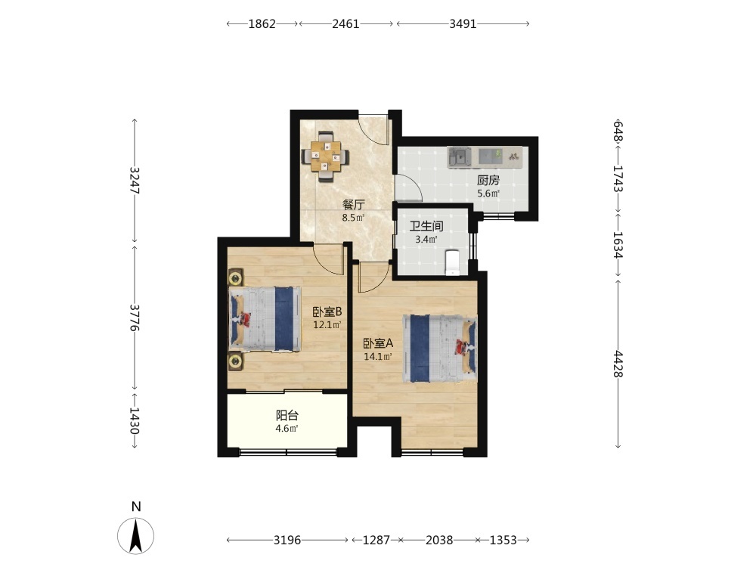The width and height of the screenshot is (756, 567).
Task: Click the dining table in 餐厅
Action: pyautogui.click(x=325, y=156)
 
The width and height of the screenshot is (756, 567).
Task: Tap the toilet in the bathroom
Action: pyautogui.click(x=453, y=262)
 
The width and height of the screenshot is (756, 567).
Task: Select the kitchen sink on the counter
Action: pyautogui.click(x=460, y=156)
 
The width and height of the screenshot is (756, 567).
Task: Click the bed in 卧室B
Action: pyautogui.click(x=264, y=319)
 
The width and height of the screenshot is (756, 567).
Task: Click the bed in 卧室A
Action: pyautogui.click(x=440, y=349)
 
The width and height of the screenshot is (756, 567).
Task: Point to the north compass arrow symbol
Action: pyautogui.click(x=136, y=535)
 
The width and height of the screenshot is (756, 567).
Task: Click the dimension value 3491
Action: pyautogui.click(x=463, y=23)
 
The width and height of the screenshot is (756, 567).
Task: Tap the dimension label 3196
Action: pyautogui.click(x=287, y=540)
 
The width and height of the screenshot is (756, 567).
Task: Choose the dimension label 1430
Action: pyautogui.click(x=135, y=421)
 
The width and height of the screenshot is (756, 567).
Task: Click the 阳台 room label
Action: pyautogui.click(x=287, y=415)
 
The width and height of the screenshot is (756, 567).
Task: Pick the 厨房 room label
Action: pyautogui.click(x=488, y=181)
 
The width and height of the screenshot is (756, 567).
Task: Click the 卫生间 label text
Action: pyautogui.click(x=426, y=225)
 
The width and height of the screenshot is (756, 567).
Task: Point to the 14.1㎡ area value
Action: pyautogui.click(x=377, y=357)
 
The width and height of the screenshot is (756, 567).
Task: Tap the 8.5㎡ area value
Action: pyautogui.click(x=353, y=218)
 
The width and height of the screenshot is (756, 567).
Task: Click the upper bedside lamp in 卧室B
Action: pyautogui.click(x=236, y=277)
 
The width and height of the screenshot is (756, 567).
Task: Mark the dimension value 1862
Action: pyautogui.click(x=262, y=23)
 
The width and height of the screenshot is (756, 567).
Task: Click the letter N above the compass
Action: pyautogui.click(x=136, y=507)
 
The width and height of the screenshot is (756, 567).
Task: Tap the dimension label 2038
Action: pyautogui.click(x=439, y=540)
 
